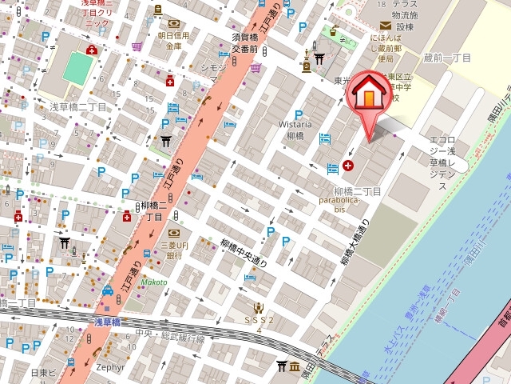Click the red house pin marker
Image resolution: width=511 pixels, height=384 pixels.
point(368,94)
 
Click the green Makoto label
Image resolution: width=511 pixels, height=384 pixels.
point(155,282)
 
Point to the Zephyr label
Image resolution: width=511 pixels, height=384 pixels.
point(110,366)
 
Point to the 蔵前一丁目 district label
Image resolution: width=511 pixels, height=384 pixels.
point(447,58)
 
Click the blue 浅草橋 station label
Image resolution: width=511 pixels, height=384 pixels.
point(107,322)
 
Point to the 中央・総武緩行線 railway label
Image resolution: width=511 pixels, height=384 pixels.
point(170,335)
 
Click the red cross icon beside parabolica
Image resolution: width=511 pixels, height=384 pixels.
point(348,166)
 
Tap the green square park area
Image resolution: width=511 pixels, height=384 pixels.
point(77,68)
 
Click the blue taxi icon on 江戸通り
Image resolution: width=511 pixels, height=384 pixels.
point(107,291)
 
